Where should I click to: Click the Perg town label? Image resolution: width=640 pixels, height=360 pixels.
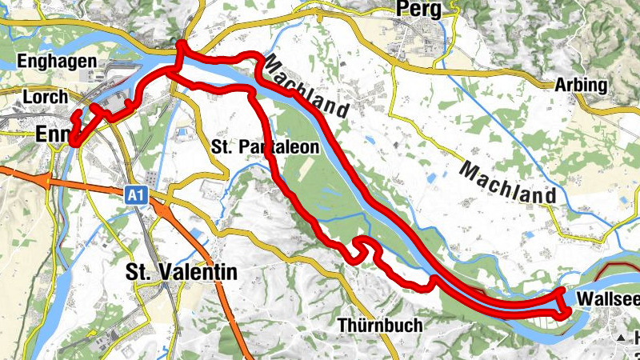click(x=418, y=9)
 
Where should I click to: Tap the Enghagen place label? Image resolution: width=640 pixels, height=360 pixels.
click(x=56, y=62)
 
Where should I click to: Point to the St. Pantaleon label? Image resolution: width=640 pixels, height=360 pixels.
click(x=266, y=147)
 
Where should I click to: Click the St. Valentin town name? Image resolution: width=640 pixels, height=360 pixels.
click(x=182, y=272)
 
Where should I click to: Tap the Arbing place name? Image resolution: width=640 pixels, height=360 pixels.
click(x=580, y=86)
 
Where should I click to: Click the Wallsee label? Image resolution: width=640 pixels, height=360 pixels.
click(x=606, y=300)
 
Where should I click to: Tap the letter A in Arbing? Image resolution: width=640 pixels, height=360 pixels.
click(x=561, y=86)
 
